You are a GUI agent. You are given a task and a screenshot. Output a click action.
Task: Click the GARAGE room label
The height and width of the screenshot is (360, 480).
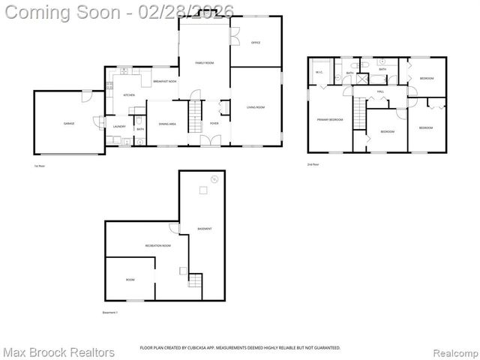tap(68, 122)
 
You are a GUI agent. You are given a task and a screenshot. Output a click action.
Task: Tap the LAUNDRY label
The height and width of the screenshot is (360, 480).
tap(118, 126)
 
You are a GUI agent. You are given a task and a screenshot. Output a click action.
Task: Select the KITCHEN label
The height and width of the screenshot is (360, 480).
tap(129, 95)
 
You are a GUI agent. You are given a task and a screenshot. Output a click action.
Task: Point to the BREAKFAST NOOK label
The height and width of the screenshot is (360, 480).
tap(164, 81)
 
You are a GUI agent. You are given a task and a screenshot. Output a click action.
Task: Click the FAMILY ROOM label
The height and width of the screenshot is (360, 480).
tap(205, 63)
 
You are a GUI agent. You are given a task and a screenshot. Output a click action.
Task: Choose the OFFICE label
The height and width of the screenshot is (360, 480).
tap(255, 43)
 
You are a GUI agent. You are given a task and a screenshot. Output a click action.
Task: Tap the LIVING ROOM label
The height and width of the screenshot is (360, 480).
tap(256, 107)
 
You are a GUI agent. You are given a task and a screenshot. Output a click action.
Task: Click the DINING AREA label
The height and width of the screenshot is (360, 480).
tap(167, 124)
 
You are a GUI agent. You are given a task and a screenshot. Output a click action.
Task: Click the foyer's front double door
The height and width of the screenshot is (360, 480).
tap(213, 142)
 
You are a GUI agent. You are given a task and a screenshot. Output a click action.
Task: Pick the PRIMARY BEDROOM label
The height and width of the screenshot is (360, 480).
tap(330, 119)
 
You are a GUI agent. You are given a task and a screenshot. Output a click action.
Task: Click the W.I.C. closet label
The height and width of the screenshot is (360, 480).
tap(319, 73)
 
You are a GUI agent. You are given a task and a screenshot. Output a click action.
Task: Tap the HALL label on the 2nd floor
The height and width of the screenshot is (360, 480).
tap(380, 91)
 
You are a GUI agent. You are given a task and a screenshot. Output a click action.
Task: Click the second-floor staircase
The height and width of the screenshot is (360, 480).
tap(359, 113)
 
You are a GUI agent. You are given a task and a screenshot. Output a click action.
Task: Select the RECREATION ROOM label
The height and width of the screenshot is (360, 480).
tap(158, 245)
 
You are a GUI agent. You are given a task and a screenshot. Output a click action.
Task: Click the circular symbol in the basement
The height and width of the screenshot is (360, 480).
tap(214, 179)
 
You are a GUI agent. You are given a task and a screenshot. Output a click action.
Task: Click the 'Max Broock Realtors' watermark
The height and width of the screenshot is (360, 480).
tap(58, 352)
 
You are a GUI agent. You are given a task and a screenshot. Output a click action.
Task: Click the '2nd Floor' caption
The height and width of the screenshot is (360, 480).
tap(313, 164)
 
